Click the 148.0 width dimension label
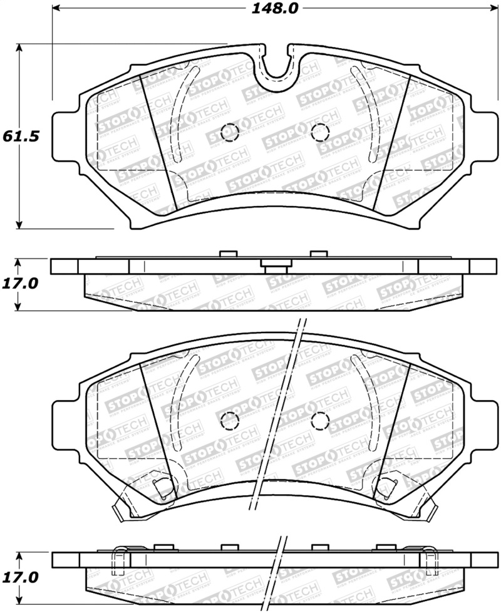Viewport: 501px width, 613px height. click(x=271, y=8)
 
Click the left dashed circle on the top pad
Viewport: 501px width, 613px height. click(x=230, y=131)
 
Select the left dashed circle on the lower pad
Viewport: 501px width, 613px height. click(x=230, y=420)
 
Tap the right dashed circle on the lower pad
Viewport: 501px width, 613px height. click(x=319, y=420)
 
